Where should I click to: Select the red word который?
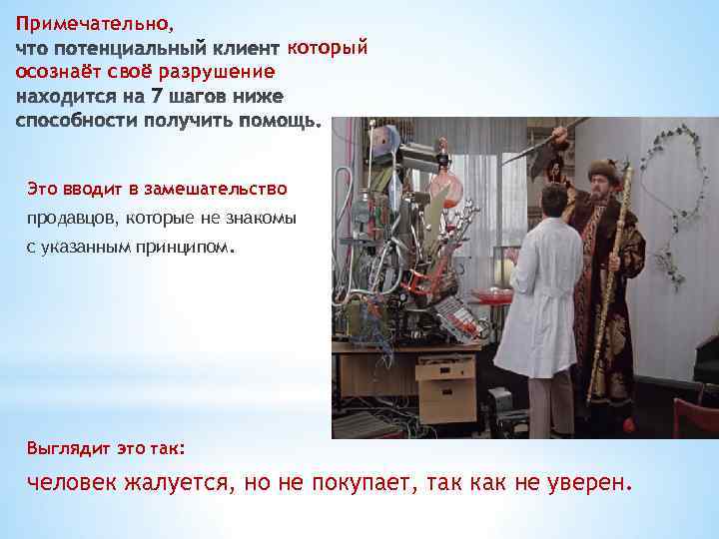click(328, 47)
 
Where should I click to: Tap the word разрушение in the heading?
click(225, 72)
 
